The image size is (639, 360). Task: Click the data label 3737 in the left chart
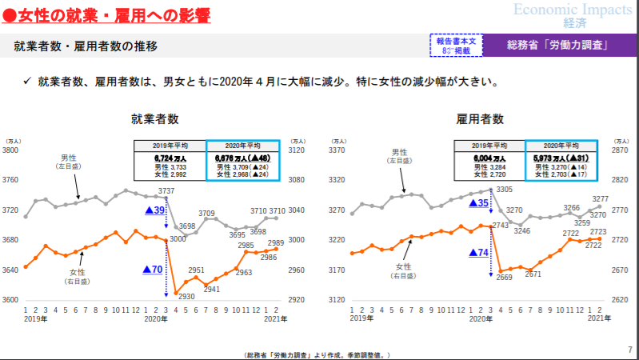[166, 190]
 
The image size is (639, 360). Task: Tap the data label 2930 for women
[186, 296]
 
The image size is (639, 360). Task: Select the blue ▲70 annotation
[152, 270]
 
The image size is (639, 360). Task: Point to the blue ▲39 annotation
[154, 210]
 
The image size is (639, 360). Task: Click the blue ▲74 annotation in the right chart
[478, 252]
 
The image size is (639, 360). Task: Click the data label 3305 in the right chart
[504, 189]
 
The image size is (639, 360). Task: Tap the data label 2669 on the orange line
[504, 277]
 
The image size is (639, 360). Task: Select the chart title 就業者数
[154, 119]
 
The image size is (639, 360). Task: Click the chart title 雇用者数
[480, 119]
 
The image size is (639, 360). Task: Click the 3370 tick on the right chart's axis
[337, 150]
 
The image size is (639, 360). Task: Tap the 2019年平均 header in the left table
[170, 146]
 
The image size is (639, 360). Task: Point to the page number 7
[629, 349]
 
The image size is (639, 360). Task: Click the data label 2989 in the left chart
[275, 242]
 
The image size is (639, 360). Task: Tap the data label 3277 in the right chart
[601, 198]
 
